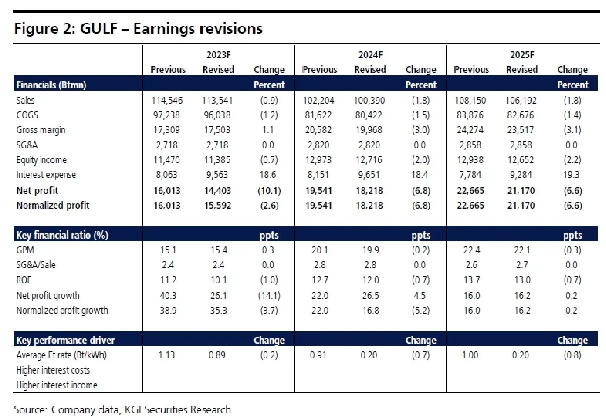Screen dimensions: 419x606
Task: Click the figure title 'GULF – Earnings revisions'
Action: pyautogui.click(x=138, y=28)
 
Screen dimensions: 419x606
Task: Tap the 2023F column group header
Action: pyautogui.click(x=218, y=55)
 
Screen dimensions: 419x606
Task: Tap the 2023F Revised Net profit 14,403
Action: pyautogui.click(x=218, y=190)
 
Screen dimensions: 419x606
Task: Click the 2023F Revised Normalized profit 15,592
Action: pyautogui.click(x=218, y=205)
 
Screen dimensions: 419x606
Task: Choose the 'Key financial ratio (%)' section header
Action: pyautogui.click(x=62, y=235)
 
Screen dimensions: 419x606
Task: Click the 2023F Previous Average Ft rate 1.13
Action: pyautogui.click(x=166, y=355)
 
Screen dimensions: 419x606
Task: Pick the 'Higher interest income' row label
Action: pyautogui.click(x=57, y=385)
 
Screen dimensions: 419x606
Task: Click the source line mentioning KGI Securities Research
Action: pyautogui.click(x=122, y=409)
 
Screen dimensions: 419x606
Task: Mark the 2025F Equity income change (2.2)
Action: pyautogui.click(x=572, y=160)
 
